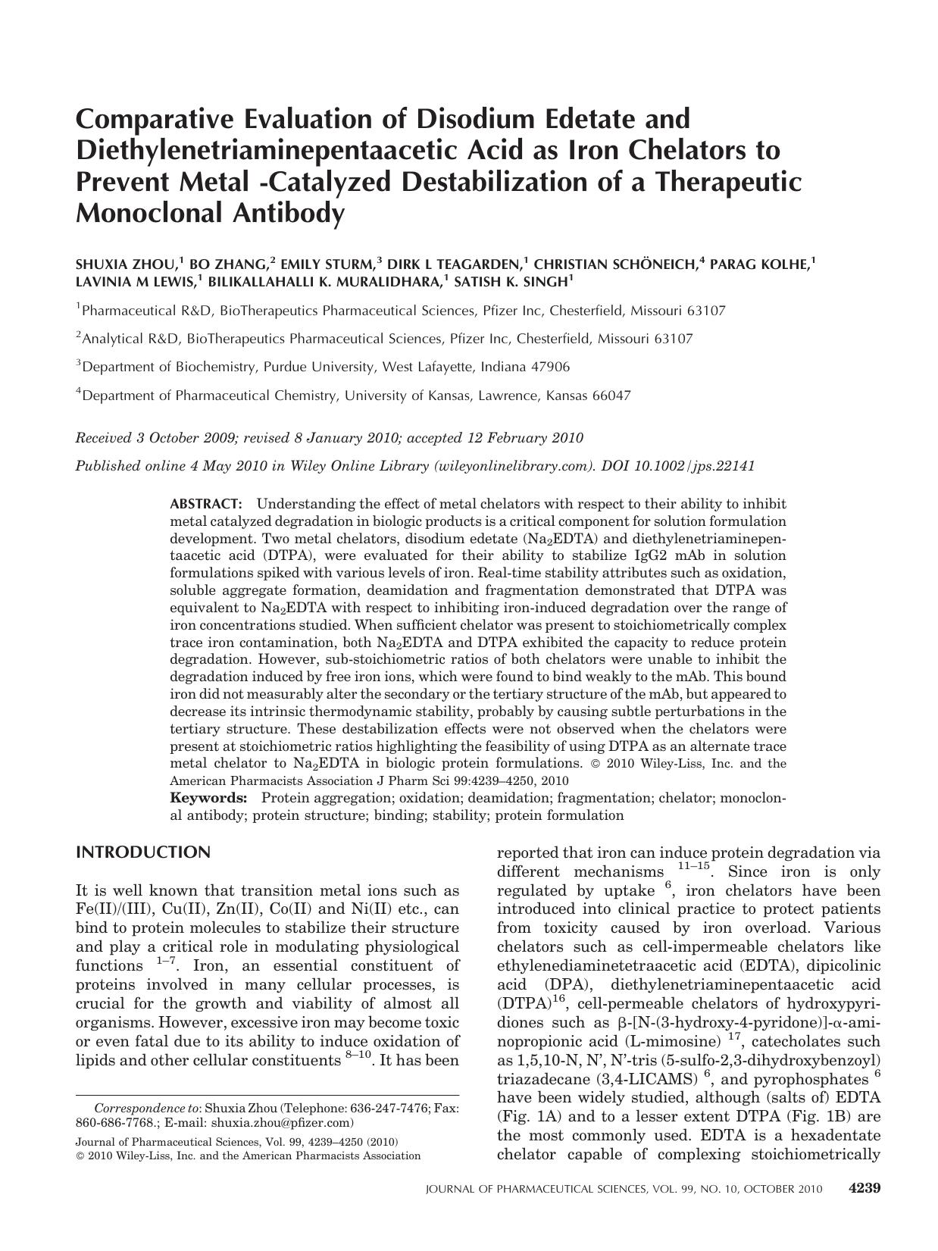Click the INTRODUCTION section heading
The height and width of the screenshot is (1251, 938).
pos(143,852)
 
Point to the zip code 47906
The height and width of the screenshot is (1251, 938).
pos(549,367)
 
